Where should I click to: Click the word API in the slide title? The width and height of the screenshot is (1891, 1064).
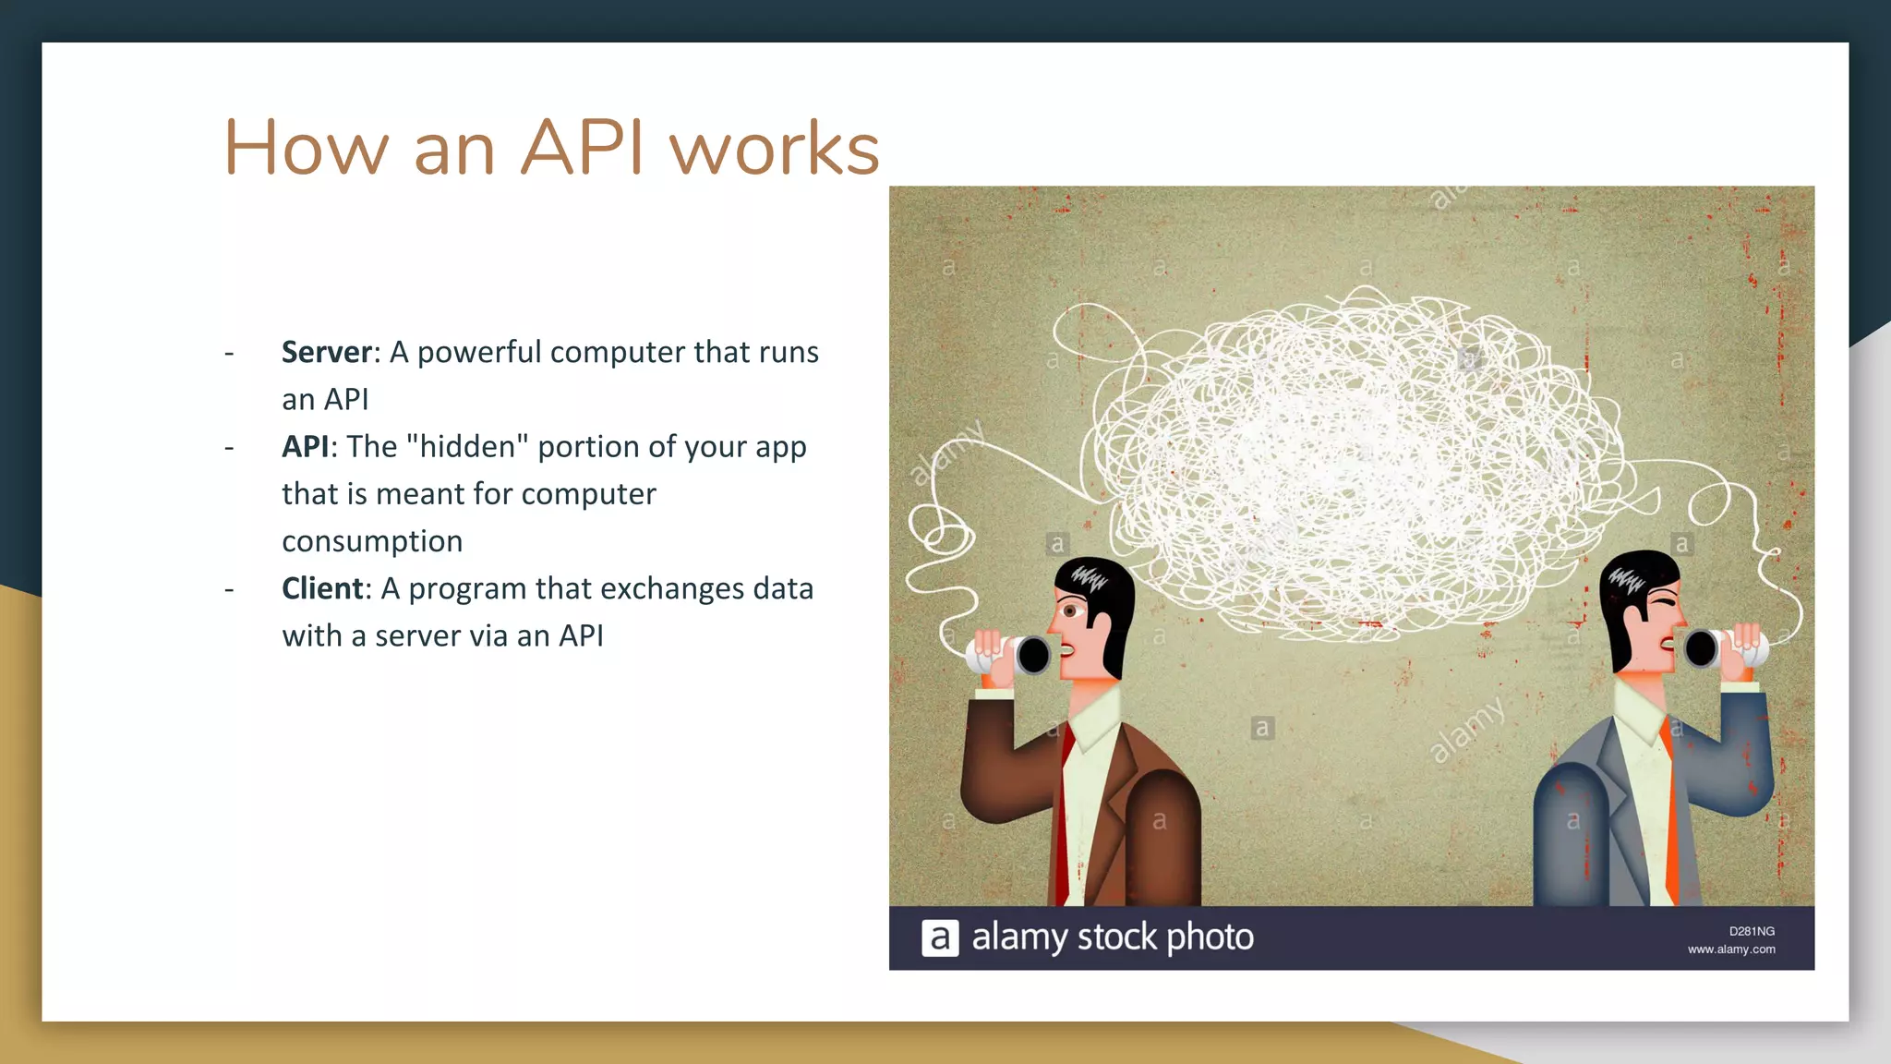tap(582, 148)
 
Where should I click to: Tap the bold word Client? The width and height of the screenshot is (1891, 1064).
tap(322, 588)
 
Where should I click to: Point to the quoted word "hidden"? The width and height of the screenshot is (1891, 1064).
tap(467, 446)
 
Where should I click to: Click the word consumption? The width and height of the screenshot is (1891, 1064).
tap(372, 541)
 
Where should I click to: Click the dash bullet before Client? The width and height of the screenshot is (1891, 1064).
tap(229, 589)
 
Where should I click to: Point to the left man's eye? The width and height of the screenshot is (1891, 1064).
tap(1070, 611)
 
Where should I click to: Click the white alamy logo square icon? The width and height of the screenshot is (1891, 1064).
tap(940, 938)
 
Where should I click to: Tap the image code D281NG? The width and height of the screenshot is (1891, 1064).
tap(1752, 931)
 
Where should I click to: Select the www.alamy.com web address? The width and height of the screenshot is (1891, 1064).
tap(1731, 949)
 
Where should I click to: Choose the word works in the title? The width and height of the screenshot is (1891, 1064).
tap(775, 148)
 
